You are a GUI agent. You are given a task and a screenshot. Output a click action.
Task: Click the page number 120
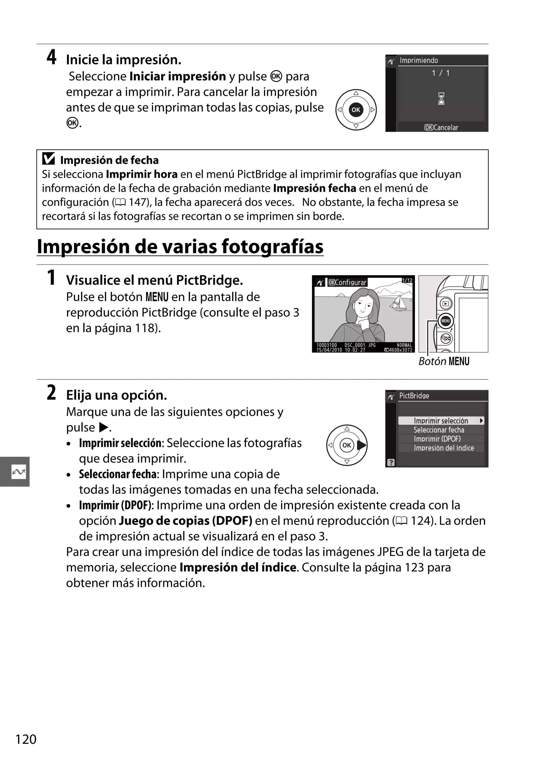pos(26,739)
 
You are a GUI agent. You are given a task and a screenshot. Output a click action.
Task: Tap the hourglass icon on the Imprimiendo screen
pos(441,99)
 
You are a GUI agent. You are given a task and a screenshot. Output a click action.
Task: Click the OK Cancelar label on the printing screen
pos(441,128)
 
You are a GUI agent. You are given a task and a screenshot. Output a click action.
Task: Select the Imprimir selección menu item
pos(441,421)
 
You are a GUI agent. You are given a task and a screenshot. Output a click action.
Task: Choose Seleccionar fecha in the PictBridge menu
pos(439,430)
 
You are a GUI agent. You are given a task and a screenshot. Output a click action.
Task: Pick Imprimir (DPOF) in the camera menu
pos(437,439)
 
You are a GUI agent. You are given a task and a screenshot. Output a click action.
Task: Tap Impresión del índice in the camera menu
pos(443,448)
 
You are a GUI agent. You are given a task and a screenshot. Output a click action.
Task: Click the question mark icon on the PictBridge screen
pos(391,462)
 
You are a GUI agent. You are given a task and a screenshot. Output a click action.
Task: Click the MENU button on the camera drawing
pos(445,321)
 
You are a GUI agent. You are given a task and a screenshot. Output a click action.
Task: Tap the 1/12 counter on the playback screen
pos(407,280)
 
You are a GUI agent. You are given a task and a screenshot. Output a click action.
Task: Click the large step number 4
pos(51,57)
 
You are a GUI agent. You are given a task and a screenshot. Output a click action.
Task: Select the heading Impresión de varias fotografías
pos(180,247)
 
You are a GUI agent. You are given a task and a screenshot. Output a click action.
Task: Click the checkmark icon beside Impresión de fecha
pos(49,159)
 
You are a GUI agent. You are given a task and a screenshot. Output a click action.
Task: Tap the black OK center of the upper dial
pos(356,109)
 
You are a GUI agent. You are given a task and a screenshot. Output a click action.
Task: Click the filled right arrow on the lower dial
pos(362,445)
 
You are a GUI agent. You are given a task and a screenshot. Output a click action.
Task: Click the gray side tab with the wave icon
pos(15,471)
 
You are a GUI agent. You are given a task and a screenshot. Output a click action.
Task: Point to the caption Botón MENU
pos(444,362)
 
